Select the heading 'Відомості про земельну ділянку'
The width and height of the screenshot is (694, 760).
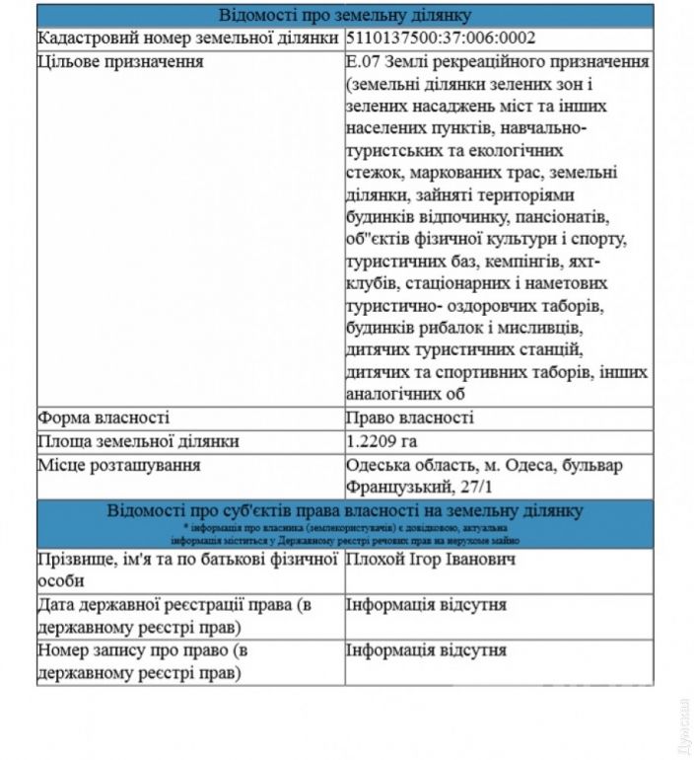(344, 16)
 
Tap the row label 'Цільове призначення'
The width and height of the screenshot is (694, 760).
(119, 63)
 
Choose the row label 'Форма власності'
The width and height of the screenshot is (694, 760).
(104, 418)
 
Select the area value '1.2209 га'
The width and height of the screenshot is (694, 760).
(388, 441)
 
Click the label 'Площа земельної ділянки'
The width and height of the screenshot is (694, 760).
(137, 441)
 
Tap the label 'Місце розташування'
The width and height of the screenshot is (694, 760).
(119, 465)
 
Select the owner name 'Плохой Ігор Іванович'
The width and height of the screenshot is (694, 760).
(432, 560)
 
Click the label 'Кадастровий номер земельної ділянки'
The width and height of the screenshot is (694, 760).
(187, 39)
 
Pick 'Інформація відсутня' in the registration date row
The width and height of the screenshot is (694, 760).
(426, 605)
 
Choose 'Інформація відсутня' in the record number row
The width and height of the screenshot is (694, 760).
(426, 651)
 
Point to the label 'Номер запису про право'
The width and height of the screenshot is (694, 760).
(149, 651)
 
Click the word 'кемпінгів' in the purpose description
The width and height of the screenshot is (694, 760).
(520, 264)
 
